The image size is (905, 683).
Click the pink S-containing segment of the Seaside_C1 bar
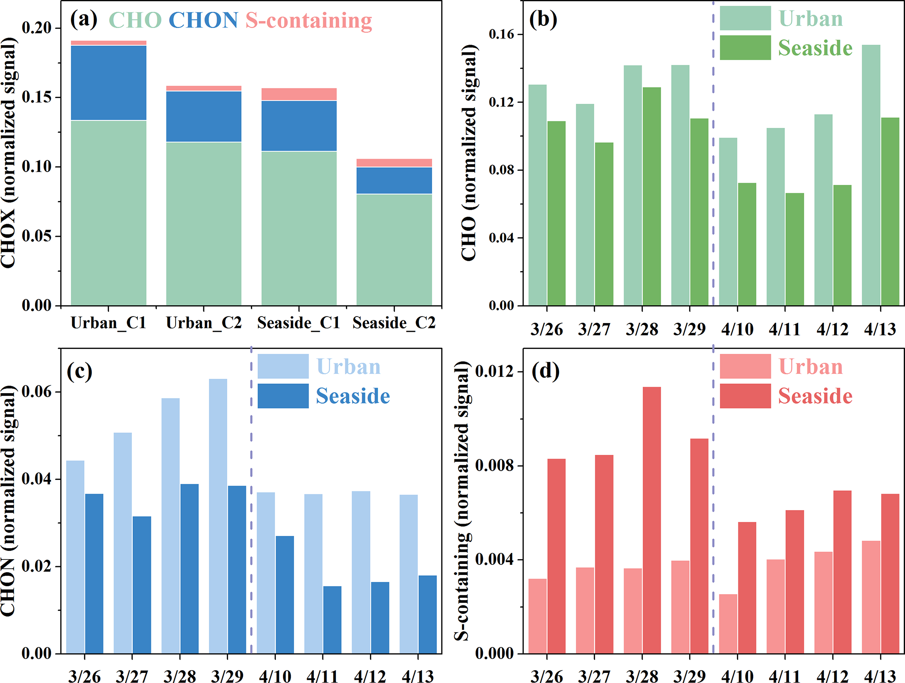tap(299, 94)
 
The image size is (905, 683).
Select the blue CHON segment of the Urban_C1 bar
tap(109, 82)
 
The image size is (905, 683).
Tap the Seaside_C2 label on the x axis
tap(394, 323)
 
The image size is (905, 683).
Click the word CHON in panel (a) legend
tap(204, 20)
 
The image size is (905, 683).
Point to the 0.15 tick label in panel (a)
tap(37, 97)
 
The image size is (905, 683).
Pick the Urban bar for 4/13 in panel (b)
tap(870, 175)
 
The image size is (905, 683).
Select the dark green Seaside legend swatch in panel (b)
tap(745, 48)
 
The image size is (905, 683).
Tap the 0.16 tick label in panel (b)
tap(502, 34)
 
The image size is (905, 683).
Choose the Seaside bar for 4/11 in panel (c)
tap(332, 620)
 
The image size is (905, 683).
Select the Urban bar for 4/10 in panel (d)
tap(728, 623)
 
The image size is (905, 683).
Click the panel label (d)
tap(545, 371)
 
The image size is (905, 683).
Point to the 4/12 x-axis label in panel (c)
tap(370, 676)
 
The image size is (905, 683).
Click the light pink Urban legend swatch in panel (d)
tap(745, 366)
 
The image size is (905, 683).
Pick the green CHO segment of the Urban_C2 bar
tap(204, 223)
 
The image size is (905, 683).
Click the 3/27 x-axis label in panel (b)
tap(594, 329)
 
